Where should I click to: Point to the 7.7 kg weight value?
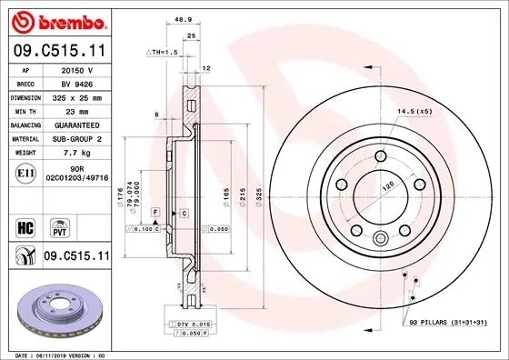[72, 154]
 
